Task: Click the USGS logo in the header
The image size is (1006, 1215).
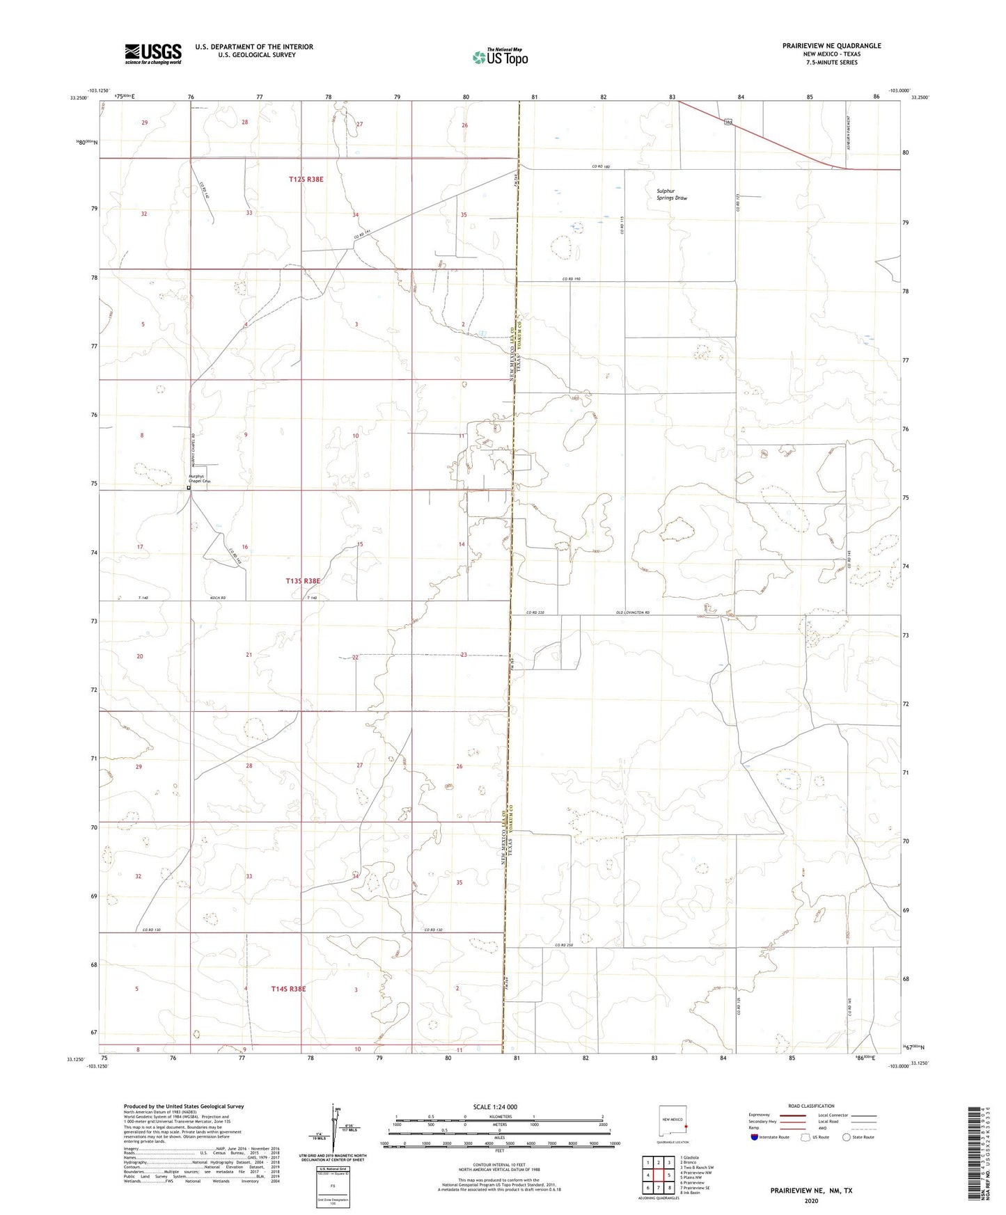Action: (153, 54)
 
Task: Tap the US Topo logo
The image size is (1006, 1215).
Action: (499, 57)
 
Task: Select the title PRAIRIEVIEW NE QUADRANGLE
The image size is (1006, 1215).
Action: (831, 46)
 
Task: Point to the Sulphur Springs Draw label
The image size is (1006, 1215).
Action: (671, 194)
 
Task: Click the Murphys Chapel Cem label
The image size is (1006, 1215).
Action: (199, 479)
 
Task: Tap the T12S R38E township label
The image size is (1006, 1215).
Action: (306, 180)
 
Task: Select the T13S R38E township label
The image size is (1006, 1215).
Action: (303, 580)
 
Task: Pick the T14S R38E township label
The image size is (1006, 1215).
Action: (288, 988)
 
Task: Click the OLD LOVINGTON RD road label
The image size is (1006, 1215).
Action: (632, 612)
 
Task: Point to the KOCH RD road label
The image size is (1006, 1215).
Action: (219, 598)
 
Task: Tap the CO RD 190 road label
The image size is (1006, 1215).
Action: (571, 279)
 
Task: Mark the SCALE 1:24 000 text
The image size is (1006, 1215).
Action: (495, 1107)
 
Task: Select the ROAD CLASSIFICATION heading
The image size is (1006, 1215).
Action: (811, 1106)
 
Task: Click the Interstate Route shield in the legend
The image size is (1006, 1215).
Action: (755, 1137)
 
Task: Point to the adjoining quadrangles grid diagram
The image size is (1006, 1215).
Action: (659, 1174)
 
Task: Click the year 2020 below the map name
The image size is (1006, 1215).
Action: (810, 1201)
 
